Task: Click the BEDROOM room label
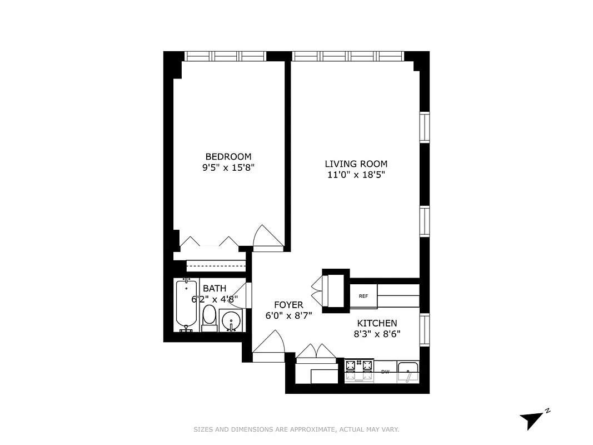228,156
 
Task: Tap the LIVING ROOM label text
356,164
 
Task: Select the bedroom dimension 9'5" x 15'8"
228,167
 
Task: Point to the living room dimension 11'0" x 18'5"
356,175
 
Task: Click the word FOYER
288,305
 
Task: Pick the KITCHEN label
377,323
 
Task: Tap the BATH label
215,288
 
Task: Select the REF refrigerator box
363,296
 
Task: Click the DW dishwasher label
385,372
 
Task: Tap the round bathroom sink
230,321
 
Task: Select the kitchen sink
408,372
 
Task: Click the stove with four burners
359,370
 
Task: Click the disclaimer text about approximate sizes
296,429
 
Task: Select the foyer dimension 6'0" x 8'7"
288,315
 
